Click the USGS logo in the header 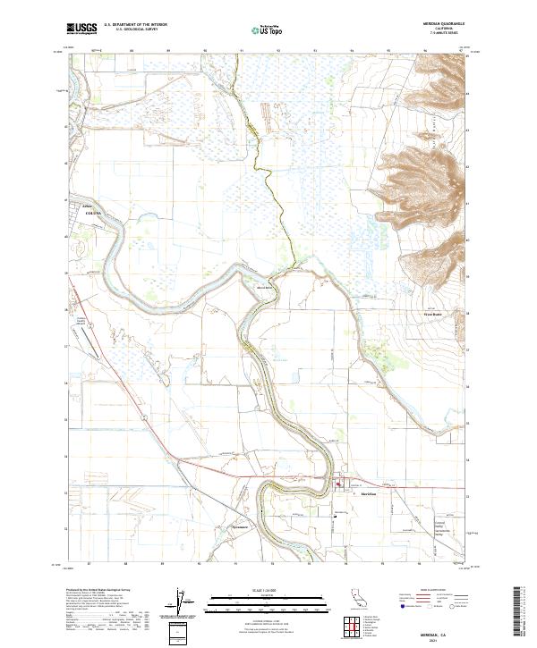pyautogui.click(x=81, y=29)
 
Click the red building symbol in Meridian pyautogui.click(x=339, y=486)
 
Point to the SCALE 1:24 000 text pyautogui.click(x=268, y=591)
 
